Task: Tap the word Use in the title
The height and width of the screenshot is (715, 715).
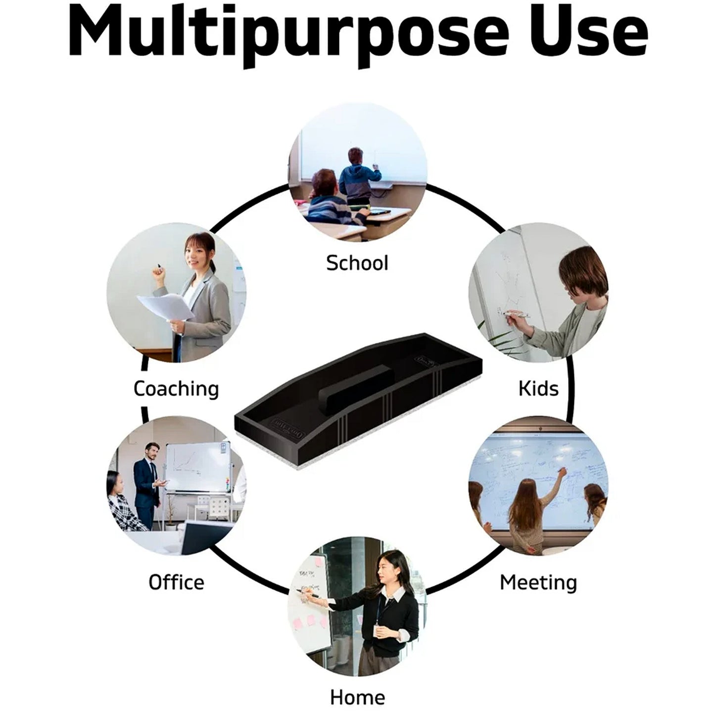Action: click(591, 32)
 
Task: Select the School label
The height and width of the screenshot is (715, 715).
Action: click(357, 263)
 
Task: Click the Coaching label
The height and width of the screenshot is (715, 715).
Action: click(176, 388)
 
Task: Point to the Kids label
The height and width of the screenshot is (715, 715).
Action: click(538, 388)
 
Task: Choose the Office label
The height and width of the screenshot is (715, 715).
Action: click(176, 582)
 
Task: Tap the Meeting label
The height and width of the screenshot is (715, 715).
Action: click(538, 582)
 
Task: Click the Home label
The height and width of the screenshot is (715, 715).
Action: click(357, 697)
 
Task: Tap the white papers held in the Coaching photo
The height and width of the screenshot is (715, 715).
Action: click(165, 307)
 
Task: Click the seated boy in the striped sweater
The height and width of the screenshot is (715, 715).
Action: click(329, 200)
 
